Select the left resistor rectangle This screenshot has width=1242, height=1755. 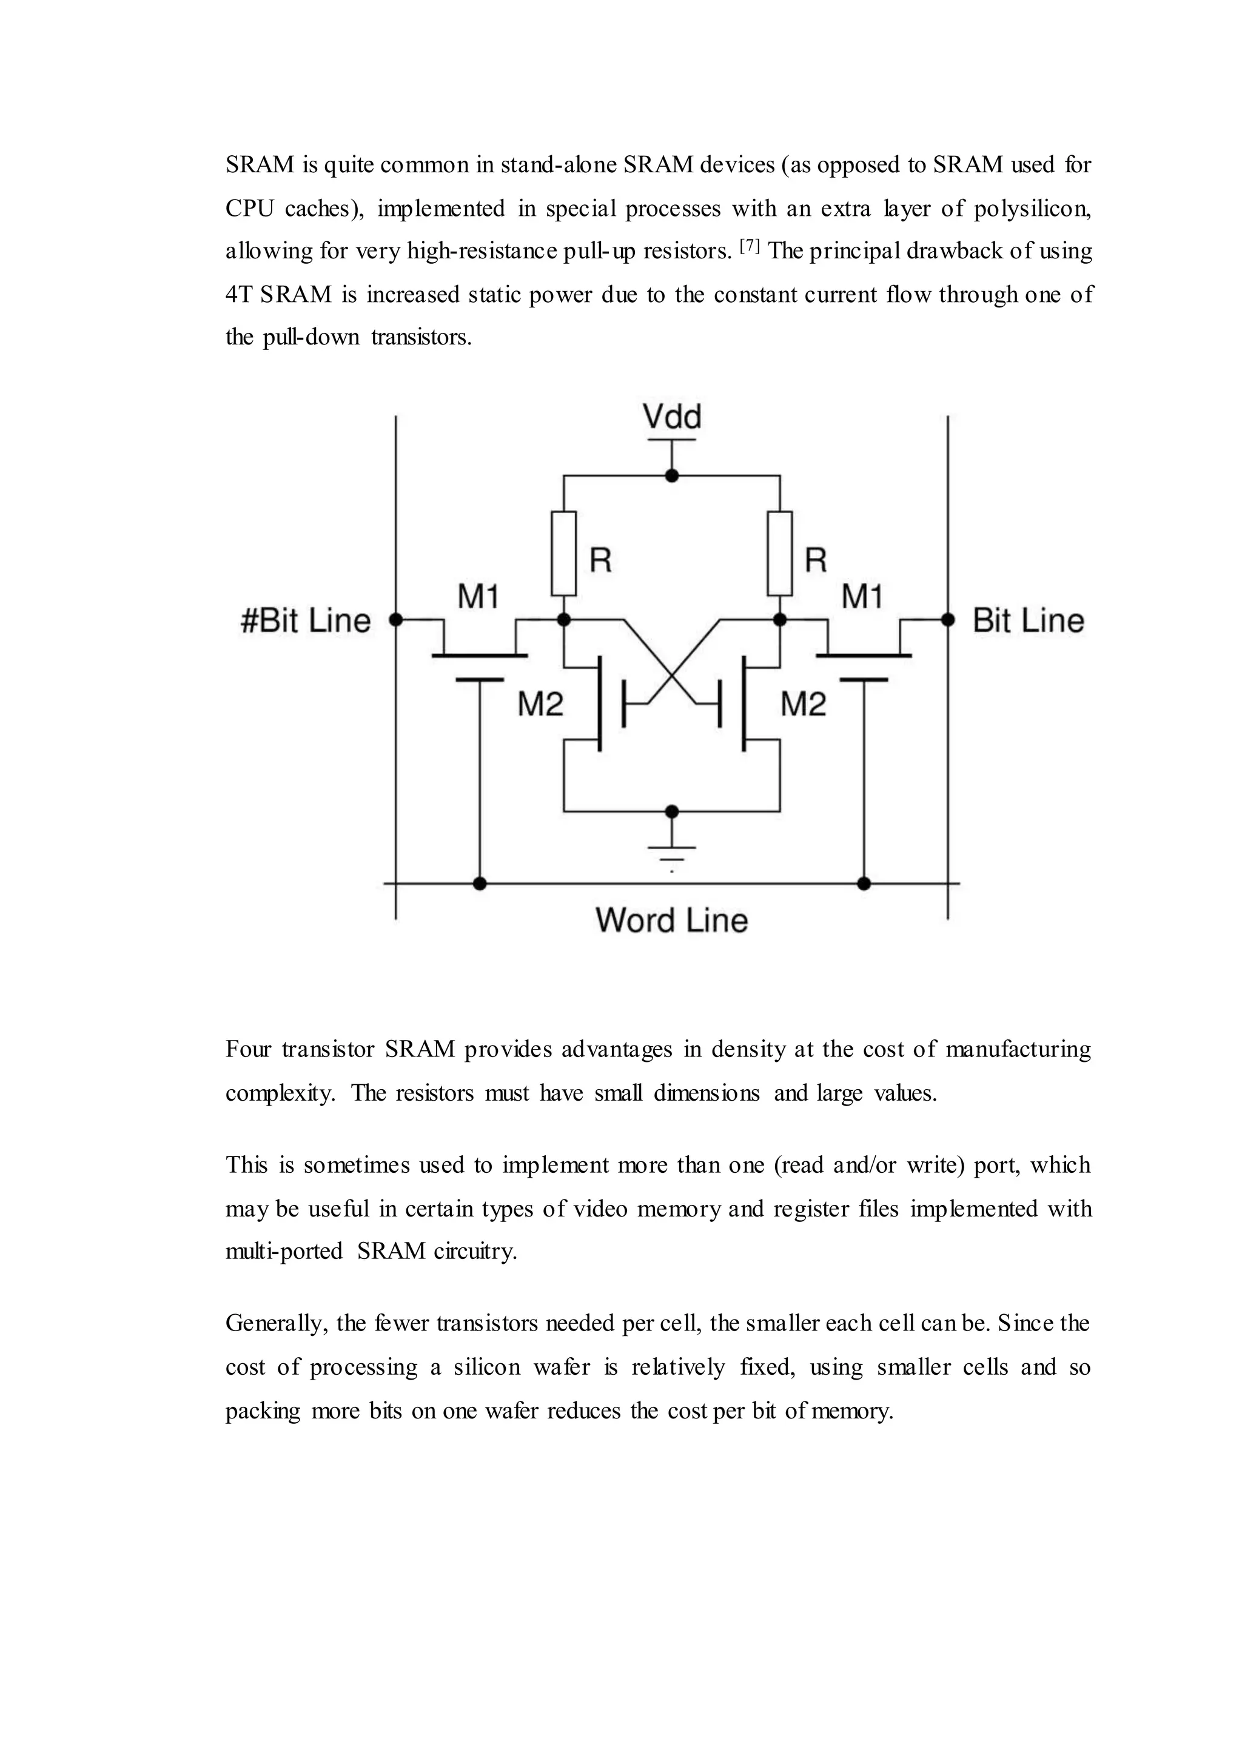[x=563, y=553]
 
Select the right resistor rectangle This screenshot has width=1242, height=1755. [x=780, y=553]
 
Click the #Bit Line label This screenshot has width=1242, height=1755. [x=306, y=620]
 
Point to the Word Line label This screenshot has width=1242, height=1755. [x=671, y=920]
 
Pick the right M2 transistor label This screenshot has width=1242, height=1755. [x=803, y=703]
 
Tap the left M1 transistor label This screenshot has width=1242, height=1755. [x=478, y=597]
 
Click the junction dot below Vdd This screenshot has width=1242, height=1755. [x=671, y=475]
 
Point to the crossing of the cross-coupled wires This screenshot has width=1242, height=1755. [x=671, y=676]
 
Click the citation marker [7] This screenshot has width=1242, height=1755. [x=750, y=246]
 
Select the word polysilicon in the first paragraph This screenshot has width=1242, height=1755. [x=1032, y=208]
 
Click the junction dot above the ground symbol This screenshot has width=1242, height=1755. [x=671, y=811]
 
